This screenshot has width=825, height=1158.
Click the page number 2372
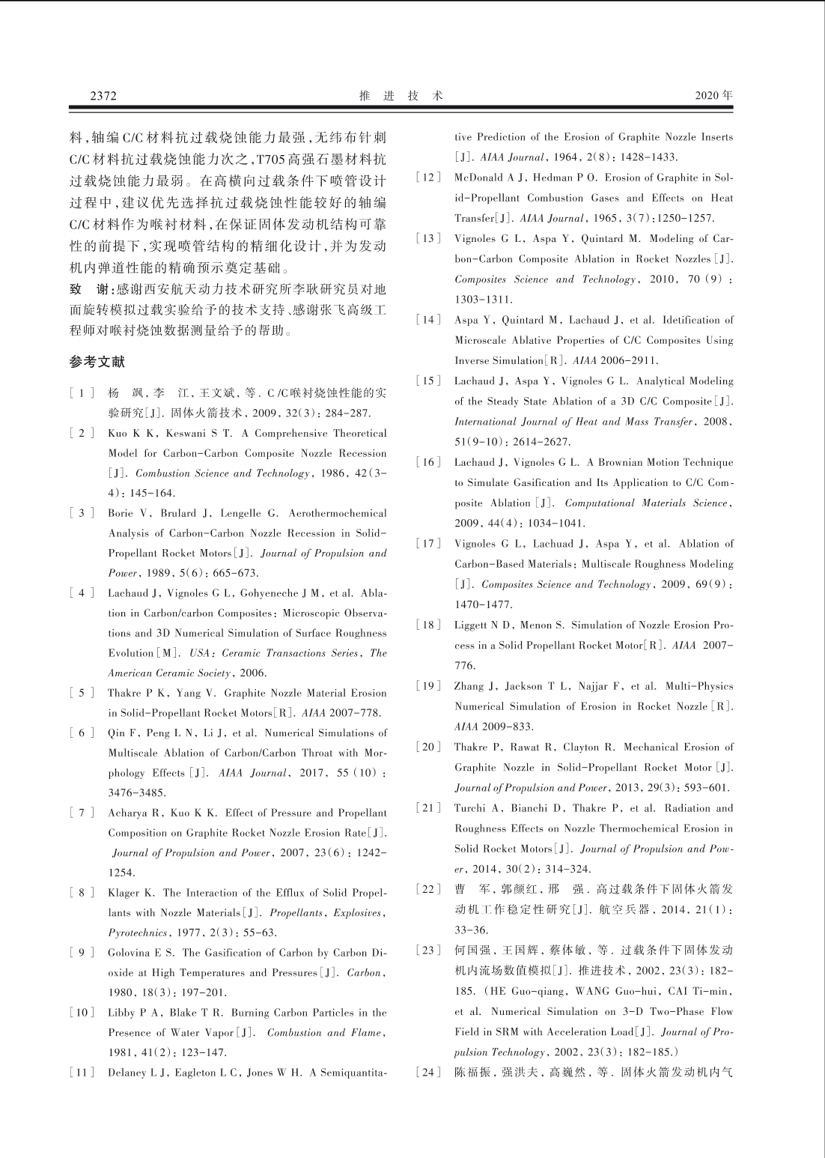tap(103, 96)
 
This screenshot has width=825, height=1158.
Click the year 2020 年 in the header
tap(713, 96)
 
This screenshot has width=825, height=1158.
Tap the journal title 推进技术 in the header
tap(401, 96)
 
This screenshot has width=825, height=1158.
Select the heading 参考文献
tap(97, 362)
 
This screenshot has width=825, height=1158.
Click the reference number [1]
tap(82, 393)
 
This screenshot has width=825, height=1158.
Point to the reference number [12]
tap(428, 178)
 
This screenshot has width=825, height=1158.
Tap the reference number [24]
tap(428, 1073)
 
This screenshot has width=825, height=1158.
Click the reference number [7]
tap(82, 813)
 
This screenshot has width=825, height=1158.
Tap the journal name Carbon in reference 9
tap(365, 973)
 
